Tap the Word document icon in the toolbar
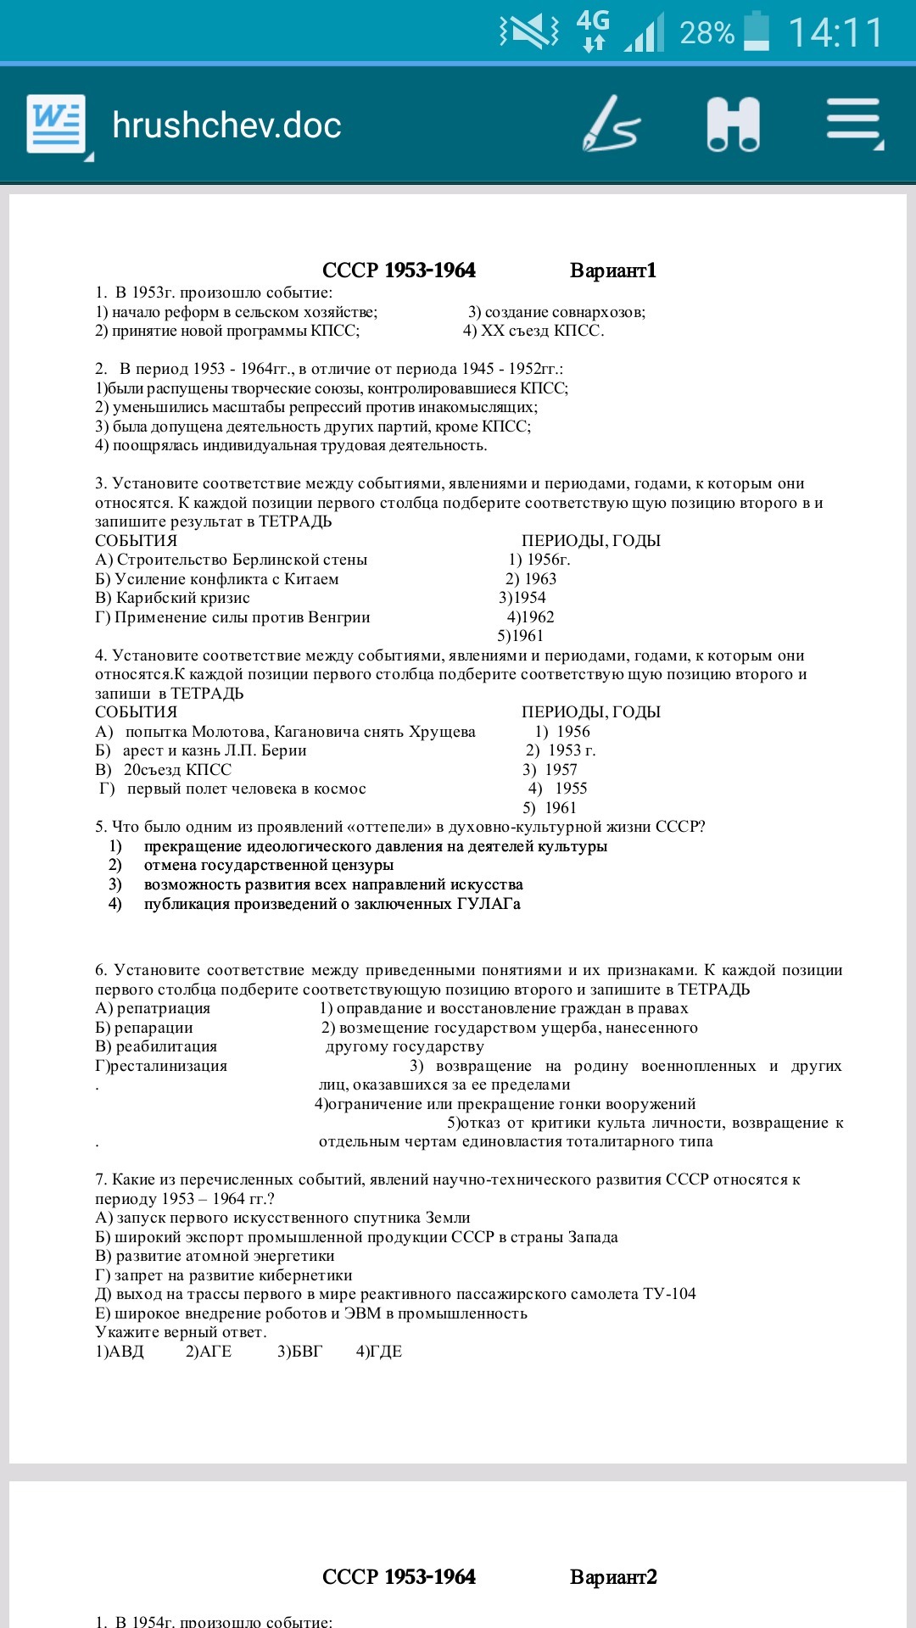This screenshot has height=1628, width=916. pyautogui.click(x=56, y=124)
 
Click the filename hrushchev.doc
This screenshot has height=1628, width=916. pyautogui.click(x=226, y=125)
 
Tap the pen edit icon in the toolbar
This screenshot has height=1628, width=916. pyautogui.click(x=611, y=124)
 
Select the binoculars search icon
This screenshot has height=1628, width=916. pyautogui.click(x=733, y=124)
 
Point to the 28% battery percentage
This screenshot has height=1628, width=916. pyautogui.click(x=707, y=33)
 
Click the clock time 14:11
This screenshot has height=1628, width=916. pyautogui.click(x=835, y=33)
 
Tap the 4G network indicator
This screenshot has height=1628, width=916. pyautogui.click(x=593, y=30)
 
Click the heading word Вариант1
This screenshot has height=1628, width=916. pyautogui.click(x=613, y=270)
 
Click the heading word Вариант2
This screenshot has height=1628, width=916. pyautogui.click(x=613, y=1577)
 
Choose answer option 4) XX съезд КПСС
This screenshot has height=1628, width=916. pyautogui.click(x=533, y=331)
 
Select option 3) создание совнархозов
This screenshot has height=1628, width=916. pyautogui.click(x=556, y=312)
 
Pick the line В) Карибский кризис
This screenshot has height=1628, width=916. pyautogui.click(x=172, y=598)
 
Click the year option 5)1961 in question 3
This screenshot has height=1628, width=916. pyautogui.click(x=520, y=636)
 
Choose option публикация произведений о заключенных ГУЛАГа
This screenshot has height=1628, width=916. pyautogui.click(x=332, y=904)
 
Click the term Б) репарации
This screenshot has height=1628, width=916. pyautogui.click(x=144, y=1028)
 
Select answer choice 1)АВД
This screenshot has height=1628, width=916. pyautogui.click(x=120, y=1352)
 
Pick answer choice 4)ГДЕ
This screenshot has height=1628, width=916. pyautogui.click(x=379, y=1352)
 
